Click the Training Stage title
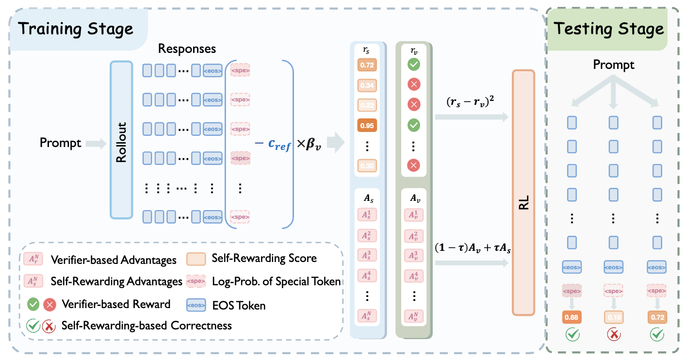point(76,29)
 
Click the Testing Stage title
point(609,29)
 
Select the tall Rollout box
point(121,142)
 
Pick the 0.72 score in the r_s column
point(367,65)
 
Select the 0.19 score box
point(614,318)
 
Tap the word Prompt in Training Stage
point(61,143)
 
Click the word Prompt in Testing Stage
point(614,65)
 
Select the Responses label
point(187,49)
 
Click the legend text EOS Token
point(239,305)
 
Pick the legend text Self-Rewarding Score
point(264,258)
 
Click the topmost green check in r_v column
point(414,65)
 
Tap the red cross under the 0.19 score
point(614,335)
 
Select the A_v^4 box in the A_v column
point(414,276)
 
